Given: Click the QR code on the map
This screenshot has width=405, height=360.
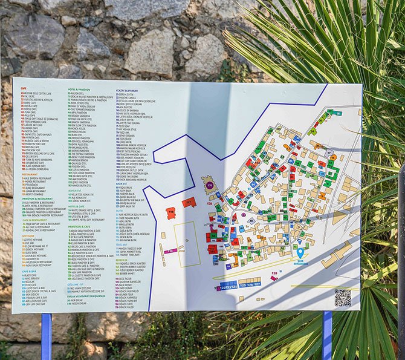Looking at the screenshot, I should point(343,298).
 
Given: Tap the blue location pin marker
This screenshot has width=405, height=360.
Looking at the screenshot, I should point(301,254).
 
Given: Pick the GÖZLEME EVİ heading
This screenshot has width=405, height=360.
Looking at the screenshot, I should point(75,284).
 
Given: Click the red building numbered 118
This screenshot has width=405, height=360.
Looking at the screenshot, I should point(170,213).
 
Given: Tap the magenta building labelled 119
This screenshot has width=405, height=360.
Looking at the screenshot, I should point(170,250).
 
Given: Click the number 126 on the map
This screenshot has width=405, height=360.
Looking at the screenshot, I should point(249,284).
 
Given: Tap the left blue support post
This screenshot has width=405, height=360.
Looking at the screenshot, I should point(47,336).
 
